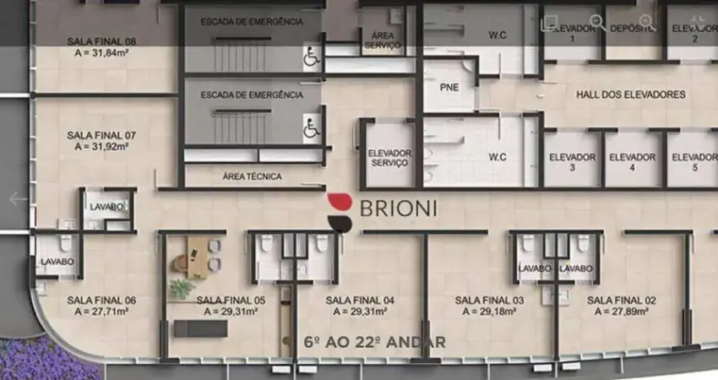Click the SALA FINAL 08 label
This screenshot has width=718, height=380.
(101, 41)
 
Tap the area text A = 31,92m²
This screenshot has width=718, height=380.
(101, 146)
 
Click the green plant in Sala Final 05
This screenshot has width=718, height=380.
(180, 289)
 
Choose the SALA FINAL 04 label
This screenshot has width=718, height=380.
(360, 300)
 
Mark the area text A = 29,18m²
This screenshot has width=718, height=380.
(489, 311)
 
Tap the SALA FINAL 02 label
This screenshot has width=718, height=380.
(622, 300)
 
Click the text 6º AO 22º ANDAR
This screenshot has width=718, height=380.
(374, 343)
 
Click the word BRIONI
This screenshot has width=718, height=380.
(398, 209)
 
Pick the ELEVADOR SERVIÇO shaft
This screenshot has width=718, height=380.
(389, 158)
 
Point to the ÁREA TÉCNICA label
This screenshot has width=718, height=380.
(252, 176)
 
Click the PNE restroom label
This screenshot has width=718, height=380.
(449, 87)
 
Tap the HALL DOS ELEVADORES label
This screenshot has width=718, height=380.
(630, 95)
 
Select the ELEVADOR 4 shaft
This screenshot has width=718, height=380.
(632, 161)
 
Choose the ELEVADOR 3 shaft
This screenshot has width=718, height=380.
(572, 161)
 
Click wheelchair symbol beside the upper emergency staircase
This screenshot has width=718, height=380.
(311, 58)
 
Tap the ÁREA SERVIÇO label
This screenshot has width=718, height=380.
(382, 40)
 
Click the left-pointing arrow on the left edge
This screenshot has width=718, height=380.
(18, 199)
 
